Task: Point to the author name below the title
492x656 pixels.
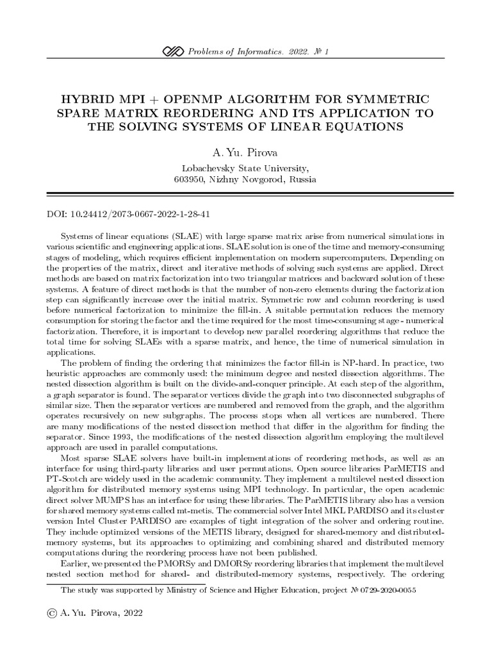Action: point(245,154)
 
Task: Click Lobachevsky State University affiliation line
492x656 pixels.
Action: point(245,168)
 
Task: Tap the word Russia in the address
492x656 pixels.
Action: point(302,180)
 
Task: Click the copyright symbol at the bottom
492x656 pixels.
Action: point(53,612)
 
